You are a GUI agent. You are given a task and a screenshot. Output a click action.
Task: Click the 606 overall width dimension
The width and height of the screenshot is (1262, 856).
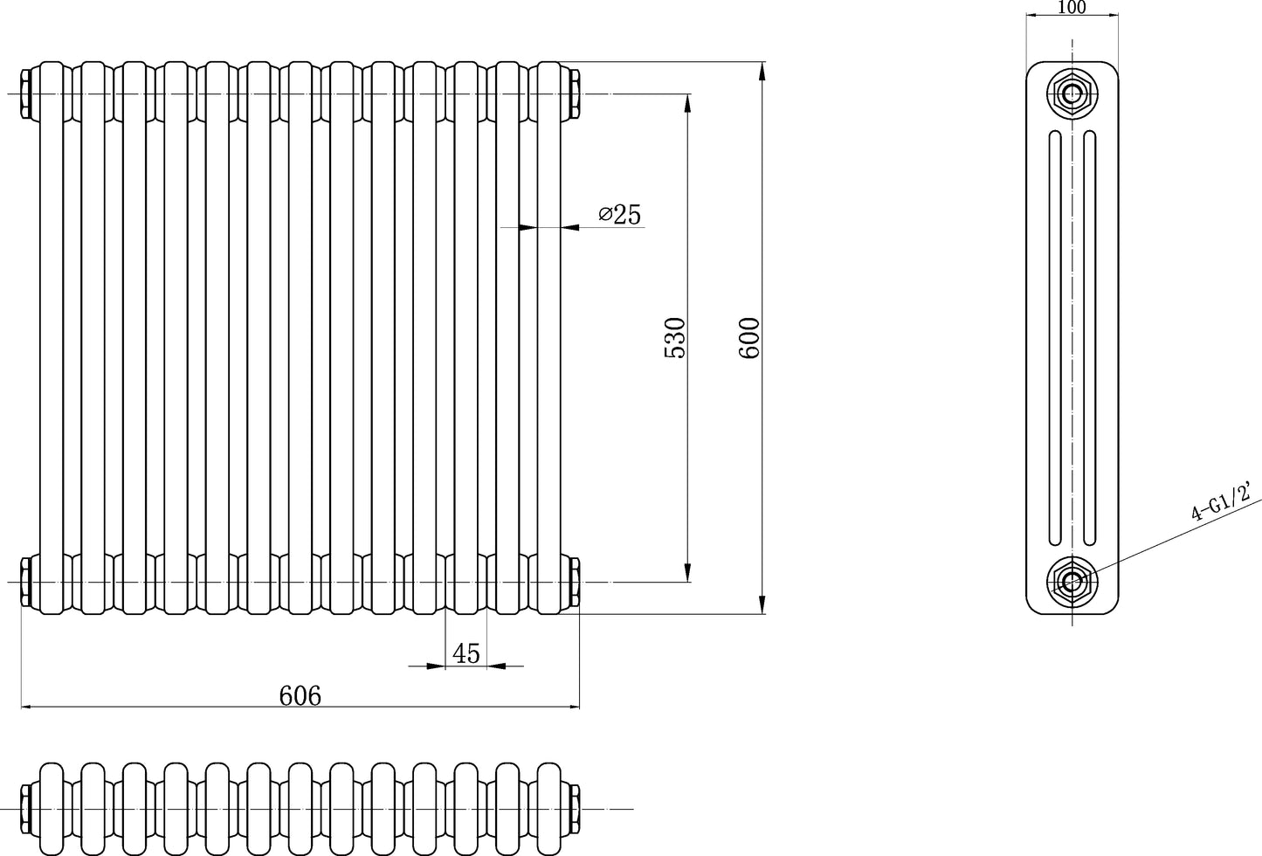[x=300, y=695]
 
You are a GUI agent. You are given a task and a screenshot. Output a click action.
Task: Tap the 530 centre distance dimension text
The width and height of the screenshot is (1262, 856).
[x=675, y=337]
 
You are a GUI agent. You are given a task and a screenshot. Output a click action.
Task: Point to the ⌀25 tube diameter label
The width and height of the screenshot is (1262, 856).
[x=620, y=214]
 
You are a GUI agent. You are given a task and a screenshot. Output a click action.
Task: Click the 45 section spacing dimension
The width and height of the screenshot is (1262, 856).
[x=465, y=653]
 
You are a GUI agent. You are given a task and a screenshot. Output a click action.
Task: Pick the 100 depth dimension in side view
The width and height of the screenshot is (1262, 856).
[x=1071, y=8]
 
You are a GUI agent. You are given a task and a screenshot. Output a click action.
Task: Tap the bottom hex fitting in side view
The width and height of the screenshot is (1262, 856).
[x=1072, y=581]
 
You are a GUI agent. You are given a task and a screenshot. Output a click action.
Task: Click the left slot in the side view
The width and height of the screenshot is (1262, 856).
[x=1055, y=337]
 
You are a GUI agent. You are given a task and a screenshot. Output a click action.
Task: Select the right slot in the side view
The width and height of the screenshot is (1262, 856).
[x=1089, y=337]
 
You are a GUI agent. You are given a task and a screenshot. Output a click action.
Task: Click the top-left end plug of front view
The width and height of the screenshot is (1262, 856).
[x=27, y=93]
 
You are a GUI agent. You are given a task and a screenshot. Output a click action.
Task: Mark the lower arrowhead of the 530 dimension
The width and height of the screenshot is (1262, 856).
[x=688, y=571]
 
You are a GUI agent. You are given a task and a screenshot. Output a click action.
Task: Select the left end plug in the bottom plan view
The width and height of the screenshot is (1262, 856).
[x=27, y=809]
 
